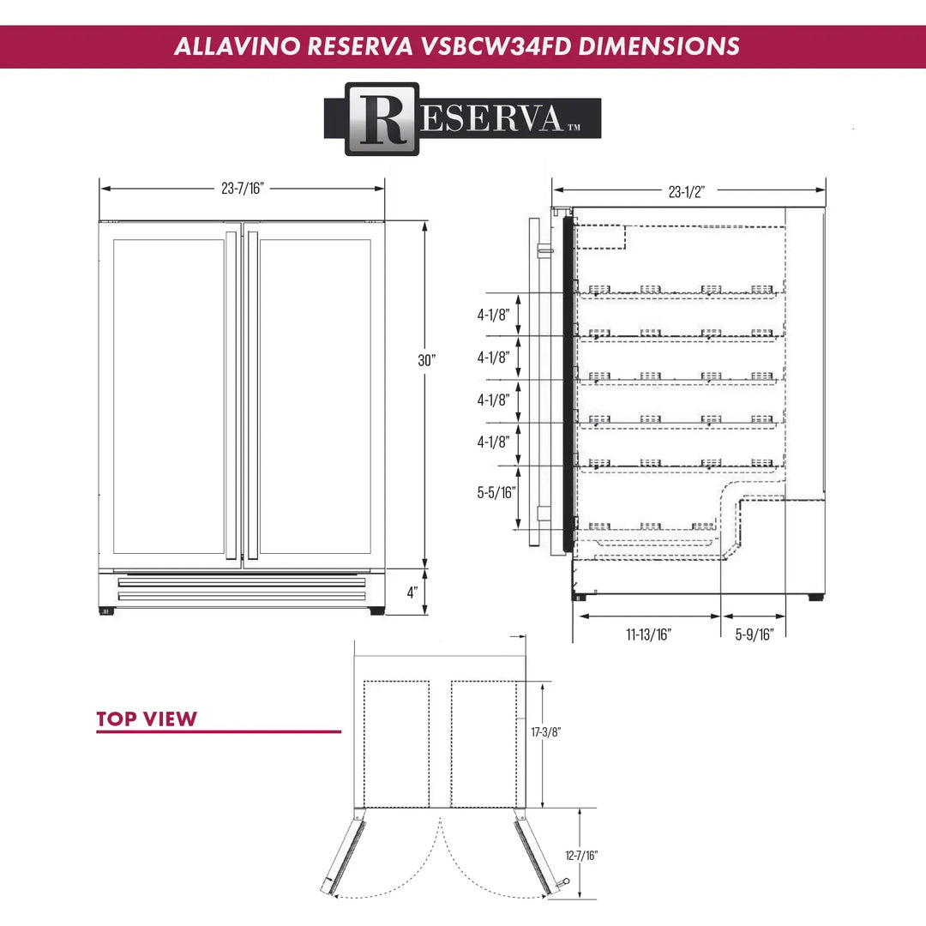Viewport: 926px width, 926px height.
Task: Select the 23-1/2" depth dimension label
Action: (x=686, y=192)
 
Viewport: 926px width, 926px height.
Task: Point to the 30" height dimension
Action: (x=427, y=361)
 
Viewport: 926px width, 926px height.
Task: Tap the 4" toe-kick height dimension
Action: (x=412, y=592)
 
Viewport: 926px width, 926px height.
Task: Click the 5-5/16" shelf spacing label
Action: (x=496, y=492)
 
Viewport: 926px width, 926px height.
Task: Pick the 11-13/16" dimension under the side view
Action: (x=648, y=634)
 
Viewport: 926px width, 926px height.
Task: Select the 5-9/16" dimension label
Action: (x=755, y=634)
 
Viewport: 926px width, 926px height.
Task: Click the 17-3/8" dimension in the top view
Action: (x=545, y=732)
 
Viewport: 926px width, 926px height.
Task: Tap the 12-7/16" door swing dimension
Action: (x=582, y=855)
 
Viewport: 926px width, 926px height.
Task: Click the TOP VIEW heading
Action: (x=147, y=719)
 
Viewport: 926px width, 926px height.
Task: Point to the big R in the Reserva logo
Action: (x=382, y=119)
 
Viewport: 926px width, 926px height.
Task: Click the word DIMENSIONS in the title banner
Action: (x=658, y=46)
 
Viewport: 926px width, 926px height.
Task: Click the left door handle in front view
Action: (x=230, y=394)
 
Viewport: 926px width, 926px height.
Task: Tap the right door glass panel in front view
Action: (x=315, y=396)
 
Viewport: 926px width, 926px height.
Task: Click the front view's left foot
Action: (x=107, y=610)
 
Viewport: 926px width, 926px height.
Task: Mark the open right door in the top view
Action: (x=535, y=855)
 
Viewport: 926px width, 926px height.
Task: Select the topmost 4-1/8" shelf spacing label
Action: (x=494, y=315)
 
